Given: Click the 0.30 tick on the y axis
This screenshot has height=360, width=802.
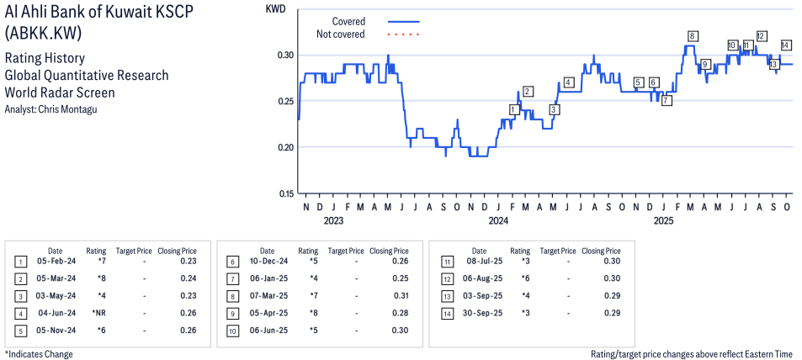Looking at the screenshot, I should click(282, 55).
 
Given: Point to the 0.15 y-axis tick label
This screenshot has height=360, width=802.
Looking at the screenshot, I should click(282, 193).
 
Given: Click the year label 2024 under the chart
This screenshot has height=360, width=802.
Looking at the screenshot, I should click(498, 221).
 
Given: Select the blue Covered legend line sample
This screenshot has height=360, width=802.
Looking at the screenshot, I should click(403, 21).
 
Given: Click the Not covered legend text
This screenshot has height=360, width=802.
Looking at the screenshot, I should click(340, 34).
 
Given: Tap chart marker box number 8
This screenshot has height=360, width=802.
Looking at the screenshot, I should click(692, 36).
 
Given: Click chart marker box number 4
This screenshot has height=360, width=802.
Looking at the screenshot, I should click(569, 82).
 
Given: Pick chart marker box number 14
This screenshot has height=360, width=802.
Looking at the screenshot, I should click(786, 45).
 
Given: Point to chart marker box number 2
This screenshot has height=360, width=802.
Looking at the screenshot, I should click(528, 92).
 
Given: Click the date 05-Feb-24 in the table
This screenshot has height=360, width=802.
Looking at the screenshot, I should click(55, 262).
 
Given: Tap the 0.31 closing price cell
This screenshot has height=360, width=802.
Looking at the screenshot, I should click(400, 296).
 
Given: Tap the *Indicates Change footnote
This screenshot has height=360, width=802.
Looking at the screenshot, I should click(39, 353).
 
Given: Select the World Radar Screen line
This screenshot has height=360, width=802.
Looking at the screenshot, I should click(60, 93).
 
